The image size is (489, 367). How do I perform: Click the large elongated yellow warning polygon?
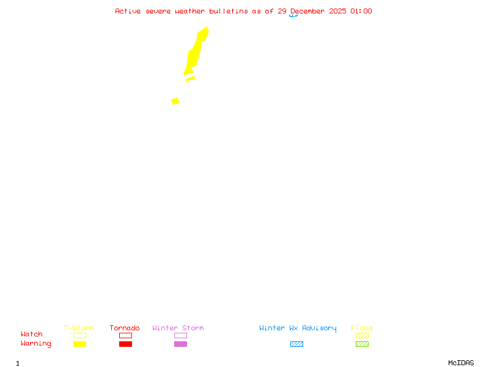(x=195, y=52)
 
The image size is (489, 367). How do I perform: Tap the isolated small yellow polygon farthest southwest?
(x=175, y=101)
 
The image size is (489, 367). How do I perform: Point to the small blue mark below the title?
(x=294, y=16)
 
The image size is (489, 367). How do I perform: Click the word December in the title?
(x=310, y=11)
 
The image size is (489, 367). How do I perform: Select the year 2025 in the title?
(x=337, y=11)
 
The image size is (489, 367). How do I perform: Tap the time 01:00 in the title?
(x=361, y=11)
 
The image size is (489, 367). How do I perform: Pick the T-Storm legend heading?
(x=79, y=328)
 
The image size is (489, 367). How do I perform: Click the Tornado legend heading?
(x=125, y=328)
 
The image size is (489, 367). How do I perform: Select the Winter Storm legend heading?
(x=178, y=328)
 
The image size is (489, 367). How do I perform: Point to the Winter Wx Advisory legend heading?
(x=298, y=328)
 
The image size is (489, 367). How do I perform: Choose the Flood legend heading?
(x=362, y=328)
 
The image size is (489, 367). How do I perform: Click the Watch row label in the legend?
(x=32, y=335)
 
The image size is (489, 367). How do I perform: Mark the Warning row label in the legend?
(x=36, y=344)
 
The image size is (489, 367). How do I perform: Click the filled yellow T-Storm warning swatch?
(x=79, y=344)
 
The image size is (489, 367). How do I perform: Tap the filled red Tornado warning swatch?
(x=125, y=344)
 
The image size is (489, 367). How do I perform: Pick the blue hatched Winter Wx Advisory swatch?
(x=296, y=344)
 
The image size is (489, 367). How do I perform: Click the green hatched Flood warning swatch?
(x=362, y=344)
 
